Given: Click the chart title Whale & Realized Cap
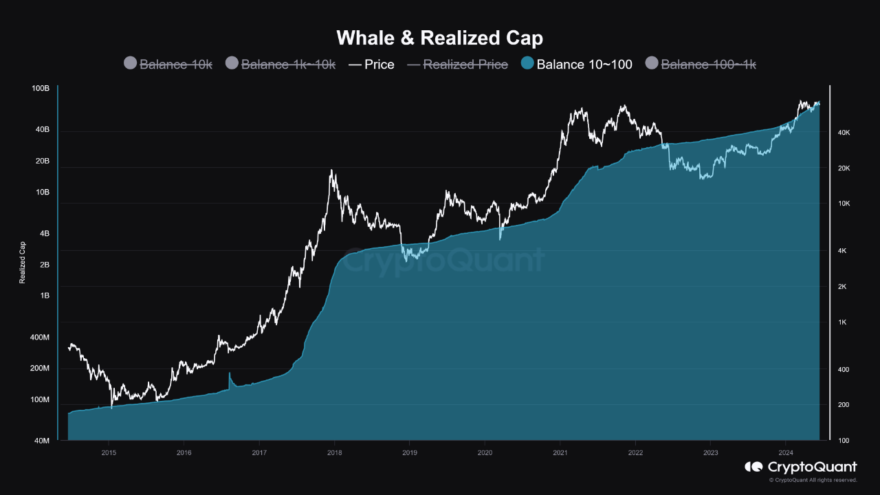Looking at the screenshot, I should click(x=439, y=37).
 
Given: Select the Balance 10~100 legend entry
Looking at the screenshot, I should click(x=584, y=64).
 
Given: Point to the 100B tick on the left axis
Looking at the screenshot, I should click(x=41, y=89).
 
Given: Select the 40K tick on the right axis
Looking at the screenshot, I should click(x=844, y=133).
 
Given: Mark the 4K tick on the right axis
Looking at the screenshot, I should click(x=844, y=251).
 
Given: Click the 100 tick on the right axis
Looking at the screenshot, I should click(x=844, y=441).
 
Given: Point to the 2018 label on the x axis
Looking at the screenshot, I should click(x=334, y=452).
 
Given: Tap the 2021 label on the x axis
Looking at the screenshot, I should click(x=560, y=452).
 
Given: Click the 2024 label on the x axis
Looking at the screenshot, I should click(x=786, y=452).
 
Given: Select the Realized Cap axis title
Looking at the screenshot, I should click(x=23, y=262).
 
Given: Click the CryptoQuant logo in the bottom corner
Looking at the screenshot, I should click(x=801, y=467).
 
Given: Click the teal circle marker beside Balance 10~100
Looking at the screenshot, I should click(x=527, y=63).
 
